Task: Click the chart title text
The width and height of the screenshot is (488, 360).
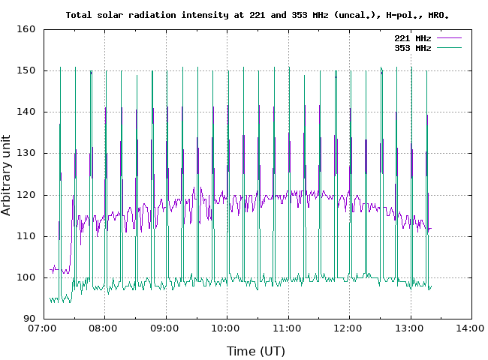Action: pos(258,14)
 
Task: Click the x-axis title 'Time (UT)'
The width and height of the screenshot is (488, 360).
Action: pos(256,351)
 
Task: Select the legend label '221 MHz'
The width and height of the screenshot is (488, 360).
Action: pos(413,38)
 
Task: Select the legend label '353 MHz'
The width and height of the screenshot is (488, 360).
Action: pos(413,48)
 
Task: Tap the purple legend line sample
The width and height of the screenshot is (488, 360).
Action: pos(447,38)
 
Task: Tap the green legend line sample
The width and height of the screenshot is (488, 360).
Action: pos(447,48)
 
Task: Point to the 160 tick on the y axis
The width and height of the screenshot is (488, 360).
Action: pos(27,29)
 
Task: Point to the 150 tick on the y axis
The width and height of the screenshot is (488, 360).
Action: pos(27,70)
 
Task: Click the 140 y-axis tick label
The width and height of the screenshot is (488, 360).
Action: pos(27,112)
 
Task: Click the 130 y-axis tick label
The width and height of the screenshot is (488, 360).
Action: pos(27,153)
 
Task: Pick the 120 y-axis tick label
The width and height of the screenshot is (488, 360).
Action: pos(27,195)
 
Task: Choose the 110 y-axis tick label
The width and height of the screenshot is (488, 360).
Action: pos(27,236)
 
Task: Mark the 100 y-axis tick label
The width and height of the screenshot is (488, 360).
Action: pos(27,277)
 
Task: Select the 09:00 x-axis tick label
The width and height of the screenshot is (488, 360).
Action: pos(164,328)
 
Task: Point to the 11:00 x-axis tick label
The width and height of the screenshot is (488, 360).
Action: pos(287,328)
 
